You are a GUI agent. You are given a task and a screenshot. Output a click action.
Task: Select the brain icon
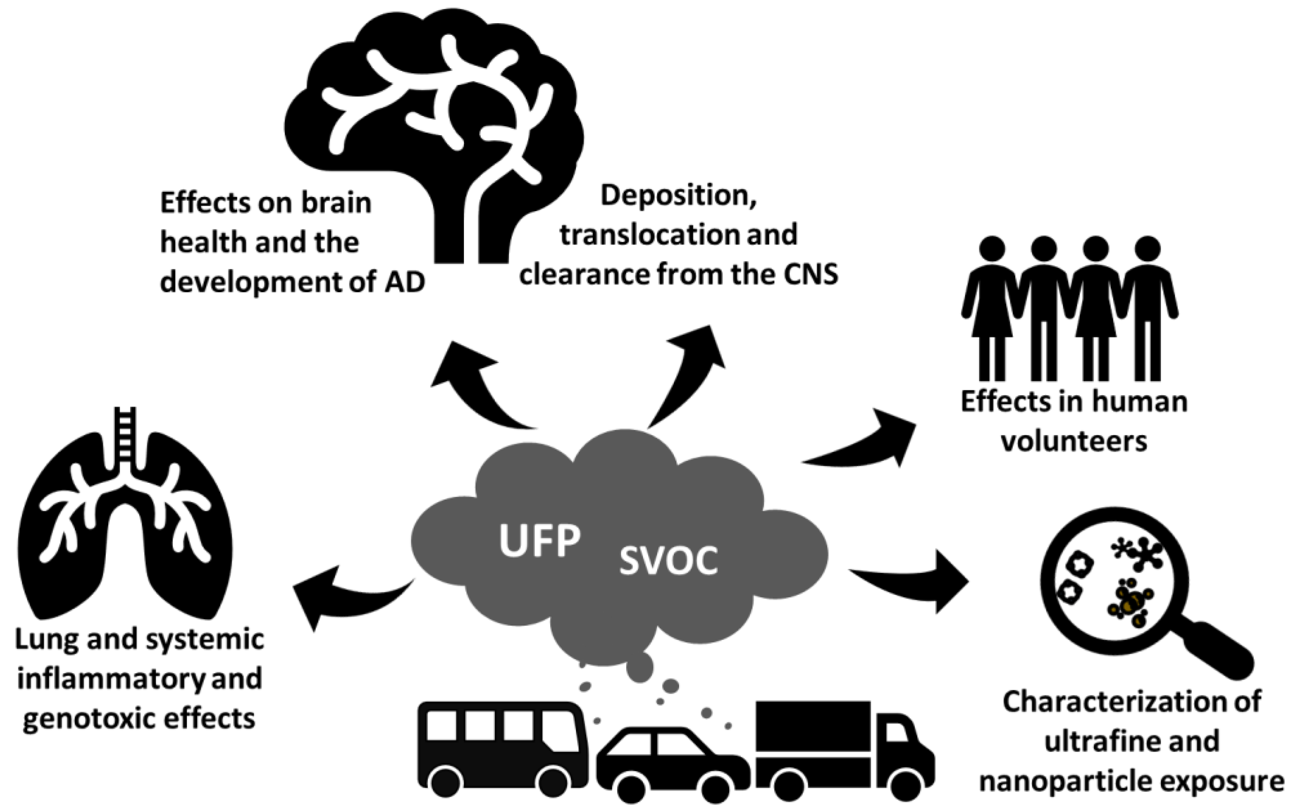point(434,136)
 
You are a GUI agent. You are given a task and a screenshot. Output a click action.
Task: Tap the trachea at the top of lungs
point(125,434)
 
